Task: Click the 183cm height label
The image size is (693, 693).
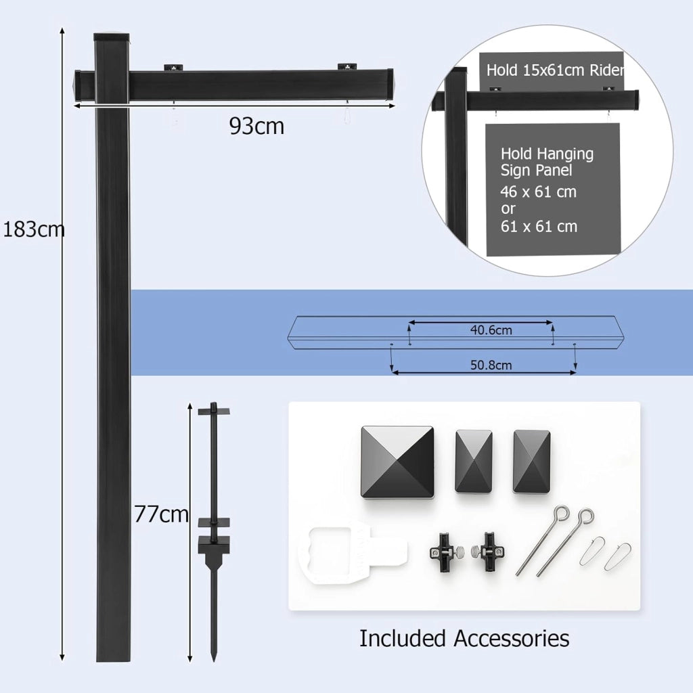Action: tap(34, 229)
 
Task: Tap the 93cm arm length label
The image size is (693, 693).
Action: tap(256, 126)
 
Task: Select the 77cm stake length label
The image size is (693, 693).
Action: tap(161, 514)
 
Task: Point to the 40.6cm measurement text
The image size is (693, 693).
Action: tap(491, 330)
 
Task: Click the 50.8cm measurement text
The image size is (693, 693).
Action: tap(491, 365)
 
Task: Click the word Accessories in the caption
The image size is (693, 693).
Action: tap(512, 639)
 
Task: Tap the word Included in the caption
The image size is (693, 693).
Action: tap(402, 639)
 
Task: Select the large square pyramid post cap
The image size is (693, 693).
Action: tap(397, 462)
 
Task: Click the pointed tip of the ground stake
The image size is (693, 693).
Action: tap(214, 661)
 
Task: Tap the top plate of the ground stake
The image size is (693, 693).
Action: tap(214, 411)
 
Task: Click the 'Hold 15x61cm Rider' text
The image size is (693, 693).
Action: tap(555, 70)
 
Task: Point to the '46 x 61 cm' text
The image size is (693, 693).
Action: tap(538, 192)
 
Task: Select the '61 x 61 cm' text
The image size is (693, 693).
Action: tap(539, 227)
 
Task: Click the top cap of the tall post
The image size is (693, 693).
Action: tap(112, 37)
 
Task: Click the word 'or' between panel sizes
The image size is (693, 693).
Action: tap(508, 209)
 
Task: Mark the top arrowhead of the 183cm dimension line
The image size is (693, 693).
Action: tap(62, 31)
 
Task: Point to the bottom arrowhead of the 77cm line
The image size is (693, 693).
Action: tap(190, 658)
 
